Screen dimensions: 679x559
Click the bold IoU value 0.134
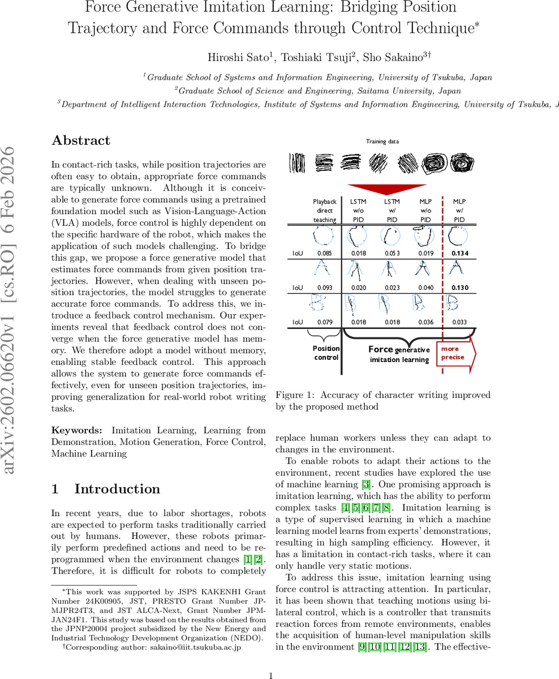click(x=459, y=253)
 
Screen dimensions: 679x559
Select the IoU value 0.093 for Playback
click(x=324, y=288)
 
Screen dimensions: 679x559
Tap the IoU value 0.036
click(x=425, y=323)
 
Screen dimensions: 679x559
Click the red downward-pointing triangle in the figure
click(x=386, y=189)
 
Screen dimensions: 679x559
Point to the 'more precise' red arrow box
click(x=455, y=354)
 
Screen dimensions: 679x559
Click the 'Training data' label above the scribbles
click(x=382, y=141)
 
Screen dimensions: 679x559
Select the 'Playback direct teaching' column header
click(x=324, y=210)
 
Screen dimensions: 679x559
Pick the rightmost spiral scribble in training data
click(x=462, y=163)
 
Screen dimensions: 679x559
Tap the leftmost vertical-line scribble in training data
click(x=297, y=163)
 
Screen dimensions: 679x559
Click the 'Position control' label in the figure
click(x=326, y=353)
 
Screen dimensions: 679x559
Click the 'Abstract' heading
click(x=81, y=140)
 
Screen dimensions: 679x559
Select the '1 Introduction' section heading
click(x=106, y=489)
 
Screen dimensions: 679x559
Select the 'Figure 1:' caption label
click(x=295, y=395)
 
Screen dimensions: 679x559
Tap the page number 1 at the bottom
click(x=271, y=676)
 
